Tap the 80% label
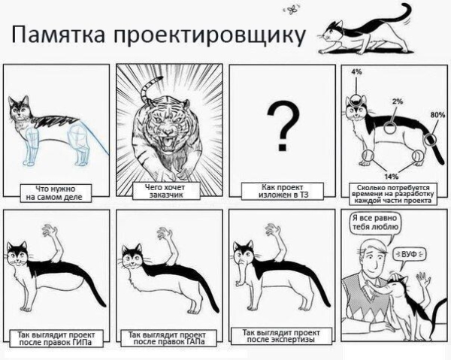click(x=437, y=115)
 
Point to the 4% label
click(x=356, y=71)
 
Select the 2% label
click(x=397, y=100)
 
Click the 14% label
click(x=392, y=176)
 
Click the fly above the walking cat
click(x=291, y=10)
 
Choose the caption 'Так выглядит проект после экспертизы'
click(x=279, y=334)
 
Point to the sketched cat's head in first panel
click(x=20, y=110)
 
